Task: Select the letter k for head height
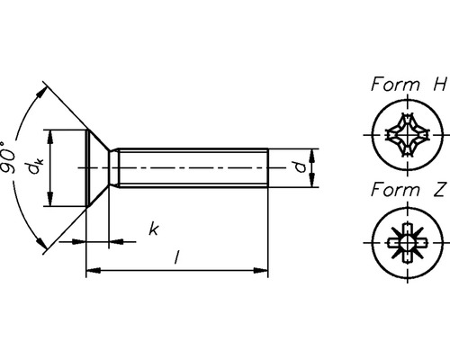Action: pyautogui.click(x=154, y=230)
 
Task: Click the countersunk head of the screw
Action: pyautogui.click(x=97, y=168)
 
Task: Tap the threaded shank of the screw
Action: pyautogui.click(x=193, y=168)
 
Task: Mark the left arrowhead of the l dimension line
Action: pyautogui.click(x=90, y=268)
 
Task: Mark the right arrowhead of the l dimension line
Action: pyautogui.click(x=265, y=268)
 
